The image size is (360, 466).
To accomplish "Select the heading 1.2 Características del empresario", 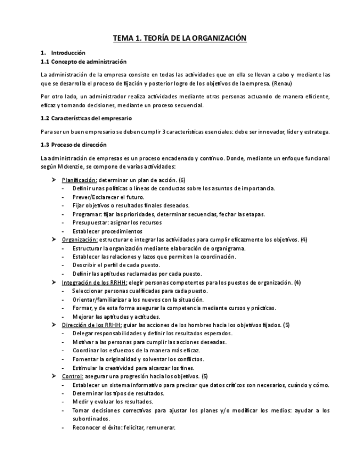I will tap(86, 118).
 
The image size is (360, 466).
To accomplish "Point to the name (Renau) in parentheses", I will tap(281, 84).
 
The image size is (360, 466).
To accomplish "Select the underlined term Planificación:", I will tap(80, 180).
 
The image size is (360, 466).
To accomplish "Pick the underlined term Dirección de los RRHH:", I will tap(91, 325).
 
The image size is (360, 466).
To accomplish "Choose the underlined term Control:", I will tap(73, 376).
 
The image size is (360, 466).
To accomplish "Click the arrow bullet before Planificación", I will tap(53, 180).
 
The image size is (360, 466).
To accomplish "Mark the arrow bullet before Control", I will tap(53, 376).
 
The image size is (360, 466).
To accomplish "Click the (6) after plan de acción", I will tap(182, 180).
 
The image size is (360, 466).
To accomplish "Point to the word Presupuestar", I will tap(89, 223).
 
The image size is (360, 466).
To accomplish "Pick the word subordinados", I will tap(91, 419).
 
